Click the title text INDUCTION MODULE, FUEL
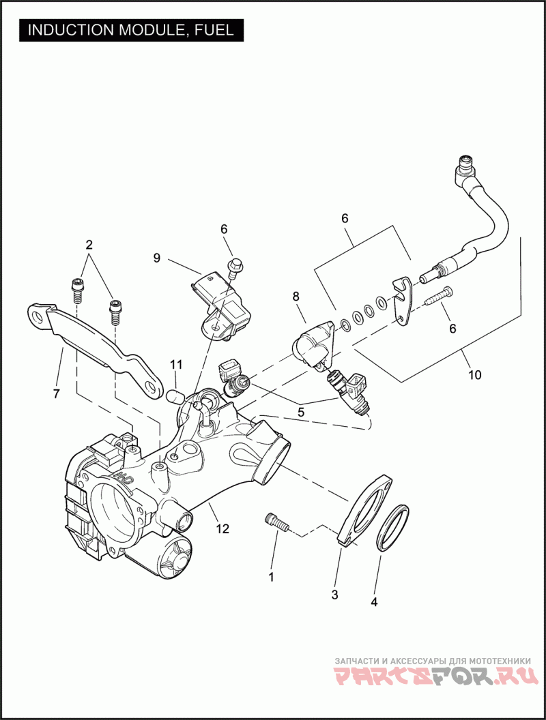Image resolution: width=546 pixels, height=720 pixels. (x=130, y=30)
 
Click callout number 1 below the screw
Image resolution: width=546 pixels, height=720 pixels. (x=271, y=577)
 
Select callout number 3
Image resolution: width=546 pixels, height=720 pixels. (x=334, y=595)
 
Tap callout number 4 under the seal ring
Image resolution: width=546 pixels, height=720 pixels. (x=373, y=602)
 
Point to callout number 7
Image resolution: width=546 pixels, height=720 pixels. (x=56, y=393)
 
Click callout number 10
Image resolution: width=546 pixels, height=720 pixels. (x=474, y=374)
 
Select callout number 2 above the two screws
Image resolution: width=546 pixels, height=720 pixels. (x=89, y=244)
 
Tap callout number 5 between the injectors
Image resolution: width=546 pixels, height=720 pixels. (x=301, y=411)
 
